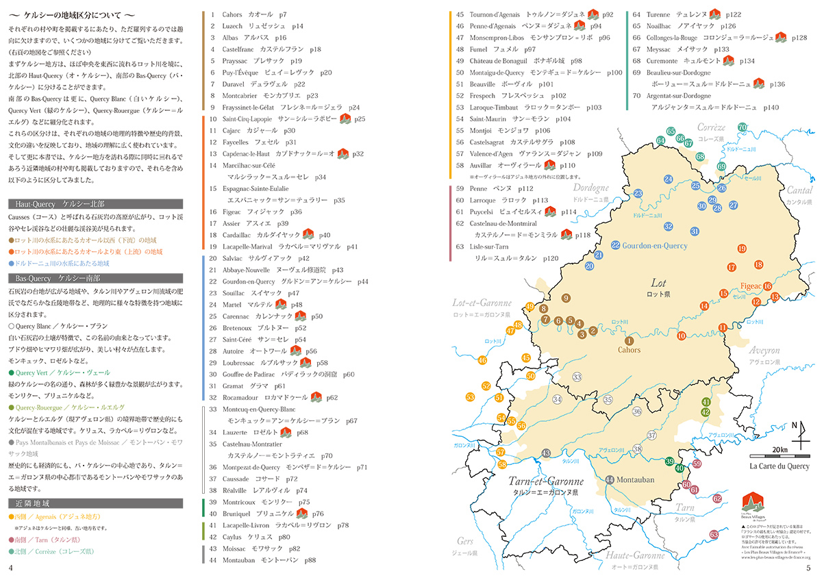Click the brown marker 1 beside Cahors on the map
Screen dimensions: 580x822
[629, 340]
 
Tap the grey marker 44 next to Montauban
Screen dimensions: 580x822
[610, 479]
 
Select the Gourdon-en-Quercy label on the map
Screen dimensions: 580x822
[654, 246]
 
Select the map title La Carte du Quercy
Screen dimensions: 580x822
[779, 466]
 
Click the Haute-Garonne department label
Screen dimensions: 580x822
[631, 556]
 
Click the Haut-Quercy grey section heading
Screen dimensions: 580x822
[95, 203]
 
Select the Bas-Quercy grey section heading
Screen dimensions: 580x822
[95, 278]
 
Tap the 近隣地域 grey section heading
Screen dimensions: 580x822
[95, 503]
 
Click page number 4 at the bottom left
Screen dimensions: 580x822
[10, 568]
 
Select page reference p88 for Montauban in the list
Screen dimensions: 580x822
[310, 559]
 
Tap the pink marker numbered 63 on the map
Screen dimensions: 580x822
[714, 534]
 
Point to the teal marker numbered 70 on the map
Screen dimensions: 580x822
[742, 127]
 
